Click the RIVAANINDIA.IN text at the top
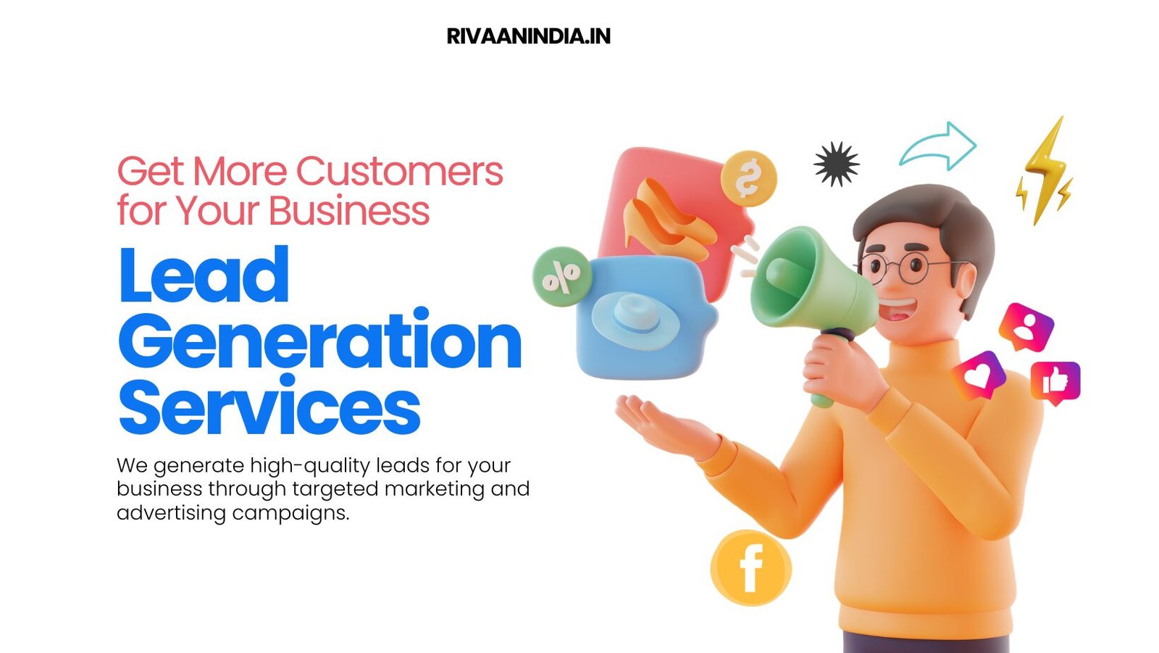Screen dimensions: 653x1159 [x=528, y=36]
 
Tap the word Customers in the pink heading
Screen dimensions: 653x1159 [x=399, y=172]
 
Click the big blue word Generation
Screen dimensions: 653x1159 [x=319, y=341]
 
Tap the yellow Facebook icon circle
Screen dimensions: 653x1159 [x=750, y=568]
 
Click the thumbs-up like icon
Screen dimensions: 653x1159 [x=1055, y=380]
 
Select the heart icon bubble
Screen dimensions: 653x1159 [x=979, y=375]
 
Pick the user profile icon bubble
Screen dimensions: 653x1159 [x=1026, y=326]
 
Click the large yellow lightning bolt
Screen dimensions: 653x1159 [x=1045, y=171]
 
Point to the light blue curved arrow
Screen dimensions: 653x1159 [x=939, y=146]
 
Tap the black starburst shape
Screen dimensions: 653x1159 [x=836, y=164]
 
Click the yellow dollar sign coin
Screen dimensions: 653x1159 [x=748, y=178]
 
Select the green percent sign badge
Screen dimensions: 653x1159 [x=561, y=276]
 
